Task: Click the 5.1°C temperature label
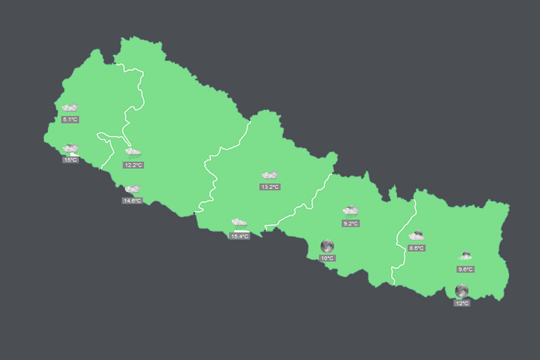click(x=70, y=120)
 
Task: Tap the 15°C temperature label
click(x=70, y=160)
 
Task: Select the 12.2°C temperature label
click(x=133, y=165)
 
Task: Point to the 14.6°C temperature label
click(x=132, y=201)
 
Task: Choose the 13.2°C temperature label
click(x=270, y=186)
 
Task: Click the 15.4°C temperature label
click(x=240, y=236)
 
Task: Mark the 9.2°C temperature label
click(x=350, y=223)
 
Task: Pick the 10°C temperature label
click(x=327, y=258)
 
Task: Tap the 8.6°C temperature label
click(x=416, y=248)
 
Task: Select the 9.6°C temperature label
click(x=465, y=269)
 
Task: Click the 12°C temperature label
click(x=462, y=303)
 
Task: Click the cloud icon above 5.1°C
click(x=70, y=107)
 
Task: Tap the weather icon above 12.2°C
click(x=133, y=153)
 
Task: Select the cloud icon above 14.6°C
click(x=132, y=189)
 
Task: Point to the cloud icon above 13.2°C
click(x=270, y=175)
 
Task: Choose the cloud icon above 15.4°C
click(x=240, y=222)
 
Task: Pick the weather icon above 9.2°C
click(x=350, y=211)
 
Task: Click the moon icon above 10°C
click(x=327, y=245)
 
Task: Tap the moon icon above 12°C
click(x=462, y=290)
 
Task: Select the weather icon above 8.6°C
click(x=416, y=236)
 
